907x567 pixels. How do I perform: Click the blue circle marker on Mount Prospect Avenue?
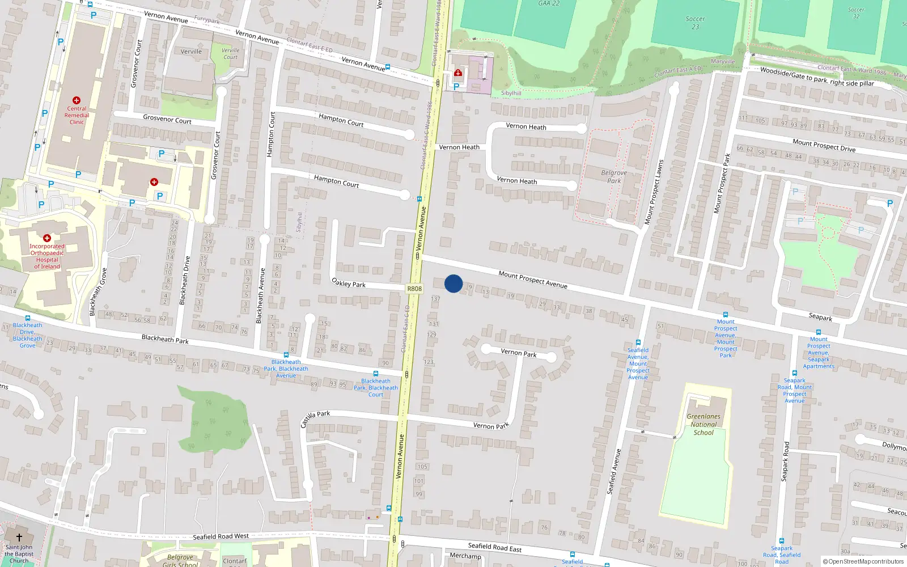pyautogui.click(x=453, y=283)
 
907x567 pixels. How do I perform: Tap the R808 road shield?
pyautogui.click(x=414, y=289)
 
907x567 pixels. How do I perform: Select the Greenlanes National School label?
pyautogui.click(x=703, y=424)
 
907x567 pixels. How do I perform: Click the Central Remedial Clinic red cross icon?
pyautogui.click(x=77, y=100)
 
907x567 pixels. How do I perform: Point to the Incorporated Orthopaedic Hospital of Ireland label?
pyautogui.click(x=47, y=256)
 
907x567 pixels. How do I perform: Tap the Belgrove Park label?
pyautogui.click(x=614, y=177)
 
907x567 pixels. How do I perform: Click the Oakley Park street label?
pyautogui.click(x=348, y=282)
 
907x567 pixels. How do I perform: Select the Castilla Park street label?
pyautogui.click(x=315, y=419)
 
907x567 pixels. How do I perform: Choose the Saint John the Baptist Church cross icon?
pyautogui.click(x=19, y=538)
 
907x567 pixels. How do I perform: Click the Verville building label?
pyautogui.click(x=191, y=52)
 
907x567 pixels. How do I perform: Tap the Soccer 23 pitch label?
pyautogui.click(x=695, y=23)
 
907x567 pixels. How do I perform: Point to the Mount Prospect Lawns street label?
pyautogui.click(x=654, y=192)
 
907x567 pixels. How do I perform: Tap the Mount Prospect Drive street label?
pyautogui.click(x=824, y=145)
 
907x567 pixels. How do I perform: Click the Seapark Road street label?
pyautogui.click(x=786, y=462)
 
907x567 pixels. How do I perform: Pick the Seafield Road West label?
pyautogui.click(x=221, y=536)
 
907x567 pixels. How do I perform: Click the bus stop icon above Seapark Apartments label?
pyautogui.click(x=818, y=332)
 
